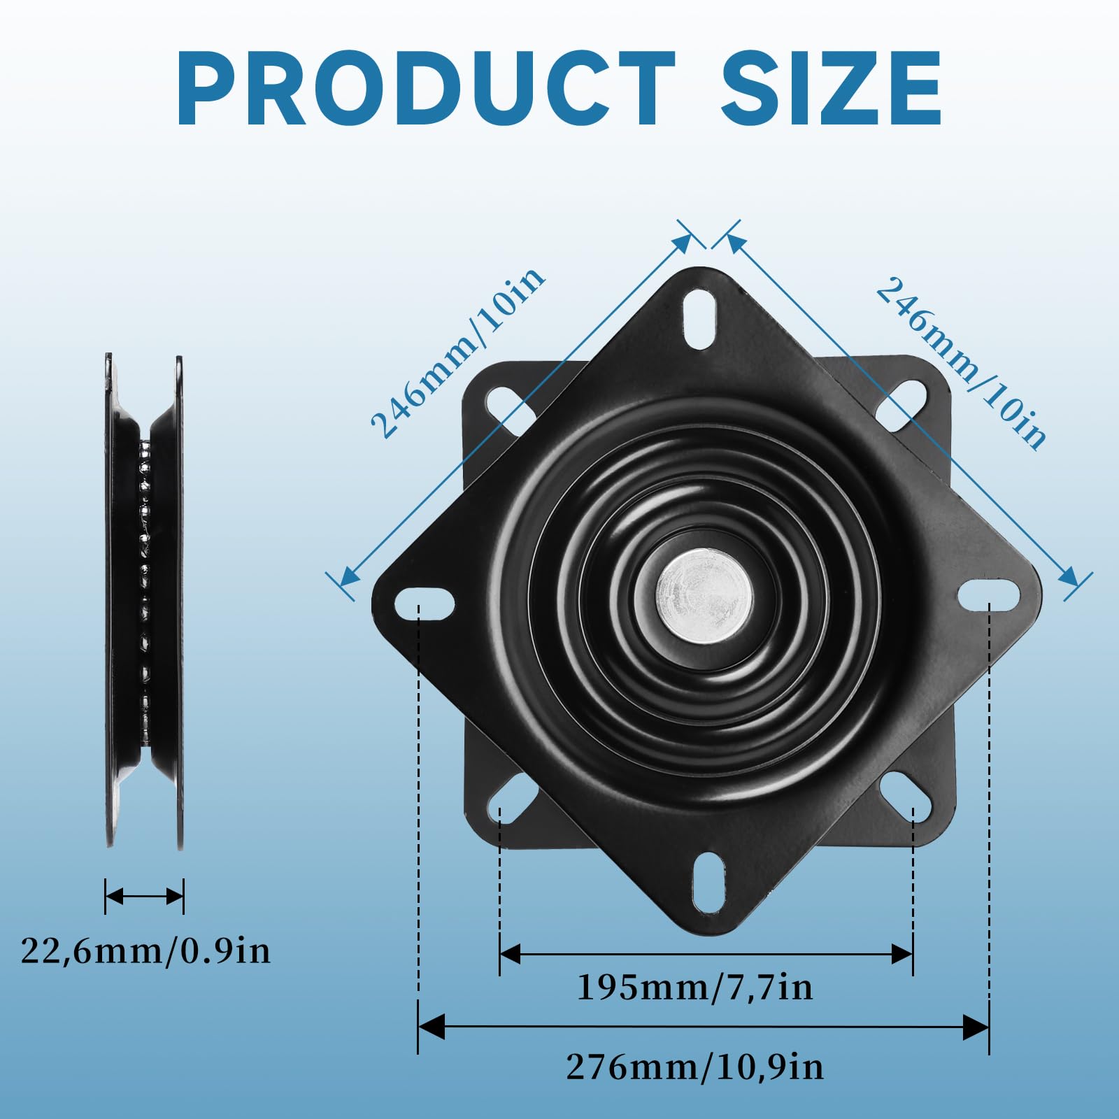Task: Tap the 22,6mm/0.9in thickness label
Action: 145,951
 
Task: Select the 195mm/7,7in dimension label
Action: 694,988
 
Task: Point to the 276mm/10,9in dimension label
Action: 694,1067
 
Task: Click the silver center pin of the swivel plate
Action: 704,595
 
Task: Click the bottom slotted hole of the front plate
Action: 710,882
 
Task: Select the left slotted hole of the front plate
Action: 425,603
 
